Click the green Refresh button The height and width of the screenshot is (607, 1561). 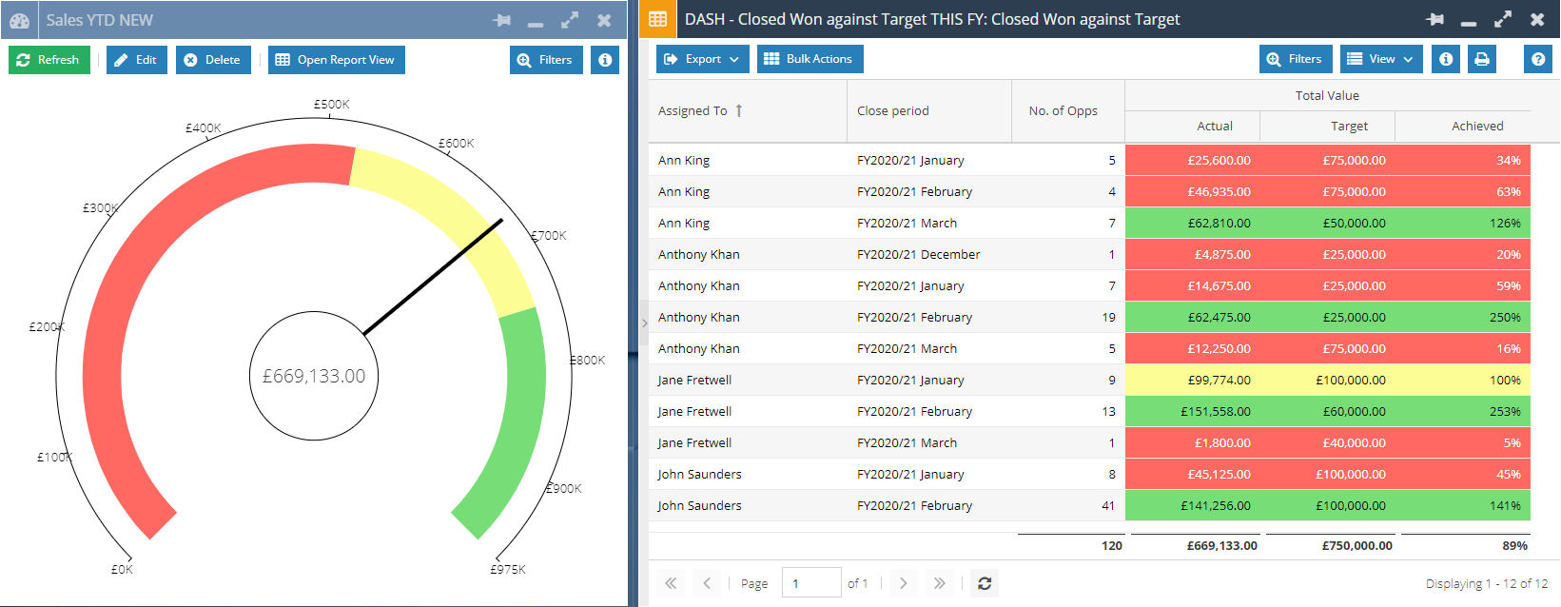coord(49,60)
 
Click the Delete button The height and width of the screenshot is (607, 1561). coord(213,60)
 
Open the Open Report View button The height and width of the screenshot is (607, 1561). coord(336,60)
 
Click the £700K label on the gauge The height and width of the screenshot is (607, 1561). coord(549,235)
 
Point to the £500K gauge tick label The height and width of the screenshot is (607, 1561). coord(332,104)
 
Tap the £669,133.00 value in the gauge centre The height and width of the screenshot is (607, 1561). coord(314,377)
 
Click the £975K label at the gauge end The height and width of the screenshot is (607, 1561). coord(508,569)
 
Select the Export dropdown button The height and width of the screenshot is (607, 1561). coord(702,59)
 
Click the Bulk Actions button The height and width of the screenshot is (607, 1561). coord(810,59)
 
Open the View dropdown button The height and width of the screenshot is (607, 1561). coord(1381,59)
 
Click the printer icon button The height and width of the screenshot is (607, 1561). coord(1481,59)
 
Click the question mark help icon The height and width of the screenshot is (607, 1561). coord(1537,59)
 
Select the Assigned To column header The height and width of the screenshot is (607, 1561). coord(693,111)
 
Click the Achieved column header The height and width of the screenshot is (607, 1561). coord(1477,126)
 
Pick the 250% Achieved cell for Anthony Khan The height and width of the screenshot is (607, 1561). coord(1504,317)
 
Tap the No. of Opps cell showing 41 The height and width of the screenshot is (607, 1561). coord(1107,505)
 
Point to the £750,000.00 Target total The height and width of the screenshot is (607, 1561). coord(1356,545)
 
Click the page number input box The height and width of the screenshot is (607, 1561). coord(810,583)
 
